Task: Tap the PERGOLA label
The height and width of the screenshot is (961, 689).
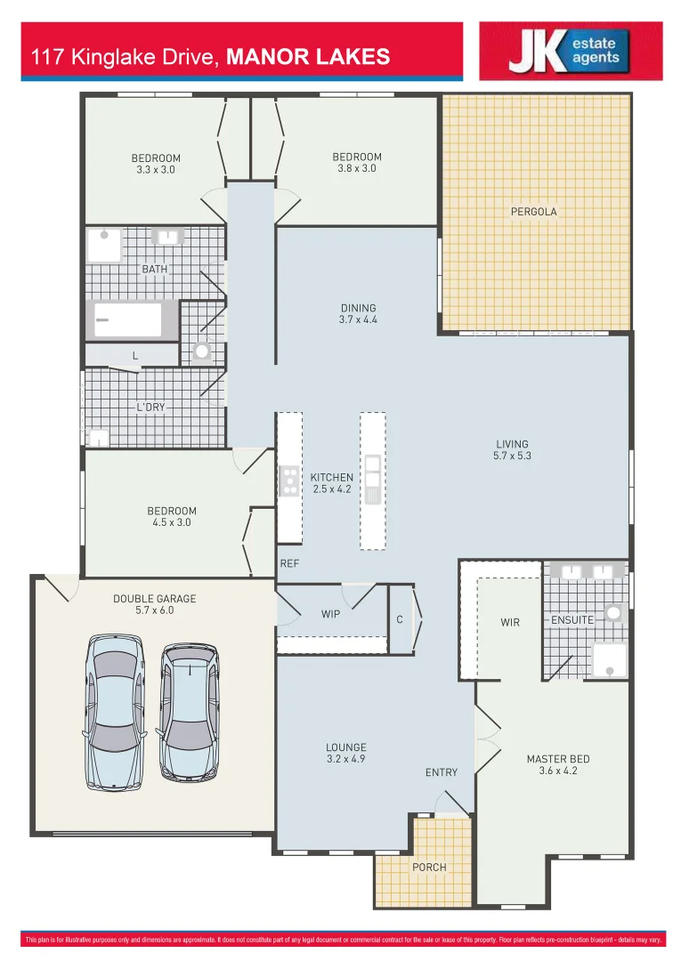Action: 533,212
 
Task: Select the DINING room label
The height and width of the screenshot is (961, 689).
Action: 359,309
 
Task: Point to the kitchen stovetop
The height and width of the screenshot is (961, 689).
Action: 289,480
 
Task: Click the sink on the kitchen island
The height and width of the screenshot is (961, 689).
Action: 372,464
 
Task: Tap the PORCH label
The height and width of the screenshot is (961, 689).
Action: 429,867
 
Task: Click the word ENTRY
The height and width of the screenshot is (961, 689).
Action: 441,772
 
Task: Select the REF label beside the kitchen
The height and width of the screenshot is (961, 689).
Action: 289,563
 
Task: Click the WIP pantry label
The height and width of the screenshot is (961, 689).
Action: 330,613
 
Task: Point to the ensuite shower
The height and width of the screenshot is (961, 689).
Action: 610,659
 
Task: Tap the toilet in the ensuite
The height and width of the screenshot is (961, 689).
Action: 613,612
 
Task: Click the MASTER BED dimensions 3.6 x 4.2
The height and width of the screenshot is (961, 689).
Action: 558,771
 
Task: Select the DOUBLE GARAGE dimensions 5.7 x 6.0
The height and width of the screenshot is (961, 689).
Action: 154,610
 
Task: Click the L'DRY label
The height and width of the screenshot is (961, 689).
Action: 150,407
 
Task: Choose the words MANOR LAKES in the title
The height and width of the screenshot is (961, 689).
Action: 308,57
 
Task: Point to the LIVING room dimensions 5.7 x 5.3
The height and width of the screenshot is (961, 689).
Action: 512,456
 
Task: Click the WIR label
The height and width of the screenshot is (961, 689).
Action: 509,622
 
